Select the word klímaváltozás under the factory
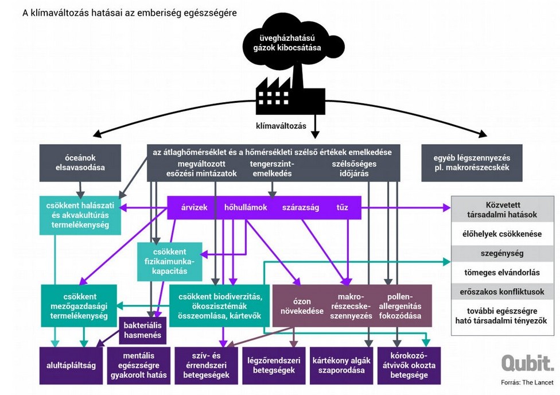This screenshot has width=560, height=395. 281,125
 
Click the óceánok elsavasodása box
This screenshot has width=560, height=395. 80,162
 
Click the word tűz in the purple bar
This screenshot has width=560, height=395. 342,207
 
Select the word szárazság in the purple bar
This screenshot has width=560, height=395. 300,207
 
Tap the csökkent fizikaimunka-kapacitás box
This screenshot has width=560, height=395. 169,262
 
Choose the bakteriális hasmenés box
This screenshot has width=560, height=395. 143,330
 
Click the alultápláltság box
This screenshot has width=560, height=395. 71,365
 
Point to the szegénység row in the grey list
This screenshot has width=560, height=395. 502,253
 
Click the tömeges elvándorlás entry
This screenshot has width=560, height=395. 502,272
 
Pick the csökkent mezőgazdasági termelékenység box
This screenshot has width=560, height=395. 79,307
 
